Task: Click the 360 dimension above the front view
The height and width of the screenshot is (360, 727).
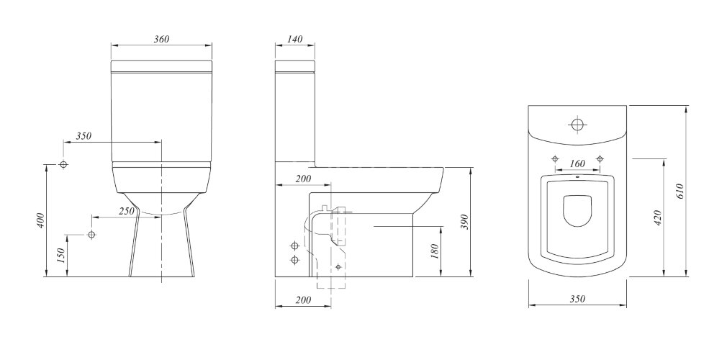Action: (x=161, y=39)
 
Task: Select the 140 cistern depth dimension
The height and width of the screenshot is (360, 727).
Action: (x=295, y=39)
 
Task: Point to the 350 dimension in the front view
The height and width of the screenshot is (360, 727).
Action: (x=83, y=136)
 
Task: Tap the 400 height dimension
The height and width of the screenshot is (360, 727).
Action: (x=41, y=220)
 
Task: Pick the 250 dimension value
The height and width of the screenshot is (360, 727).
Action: (x=127, y=211)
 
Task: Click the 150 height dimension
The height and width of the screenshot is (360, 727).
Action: (x=61, y=256)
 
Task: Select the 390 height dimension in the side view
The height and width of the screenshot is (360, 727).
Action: (x=466, y=222)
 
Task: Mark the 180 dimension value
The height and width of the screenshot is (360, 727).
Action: (x=435, y=251)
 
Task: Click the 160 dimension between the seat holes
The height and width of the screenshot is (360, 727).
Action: (x=577, y=163)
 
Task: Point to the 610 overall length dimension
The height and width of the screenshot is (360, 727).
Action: (x=680, y=191)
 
